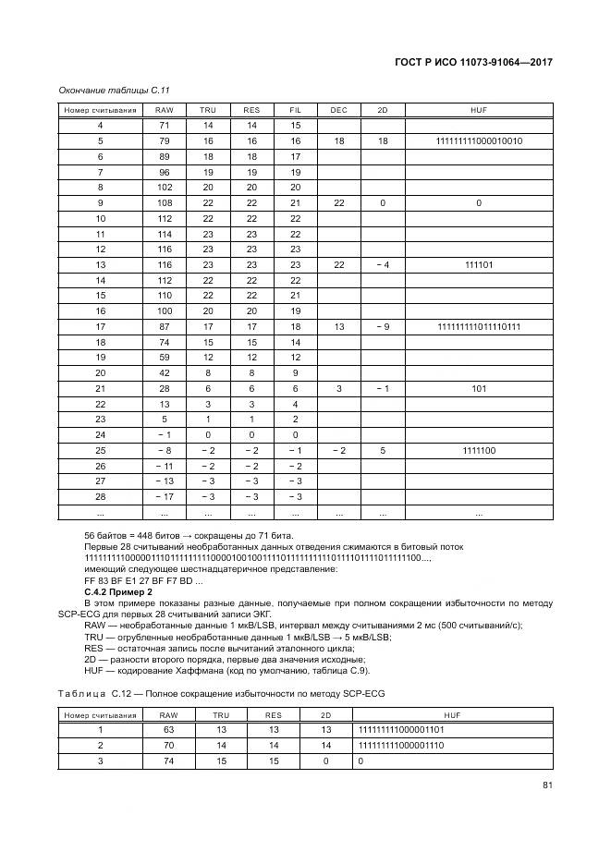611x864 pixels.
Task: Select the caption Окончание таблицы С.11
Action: click(113, 90)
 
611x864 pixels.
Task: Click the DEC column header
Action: click(338, 110)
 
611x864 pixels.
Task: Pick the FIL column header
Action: click(296, 110)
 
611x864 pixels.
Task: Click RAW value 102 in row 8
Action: click(165, 187)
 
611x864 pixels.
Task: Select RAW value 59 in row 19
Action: click(165, 357)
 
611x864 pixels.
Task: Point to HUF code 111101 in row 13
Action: click(479, 264)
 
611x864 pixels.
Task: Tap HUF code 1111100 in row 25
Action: click(479, 450)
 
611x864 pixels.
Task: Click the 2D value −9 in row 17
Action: click(383, 326)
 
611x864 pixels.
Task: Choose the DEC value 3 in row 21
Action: click(338, 388)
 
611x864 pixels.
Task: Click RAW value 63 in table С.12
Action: click(168, 729)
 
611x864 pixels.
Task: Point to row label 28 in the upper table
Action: click(100, 496)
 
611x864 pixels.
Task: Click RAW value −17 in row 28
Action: click(165, 496)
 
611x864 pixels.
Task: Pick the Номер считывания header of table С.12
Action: click(100, 714)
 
